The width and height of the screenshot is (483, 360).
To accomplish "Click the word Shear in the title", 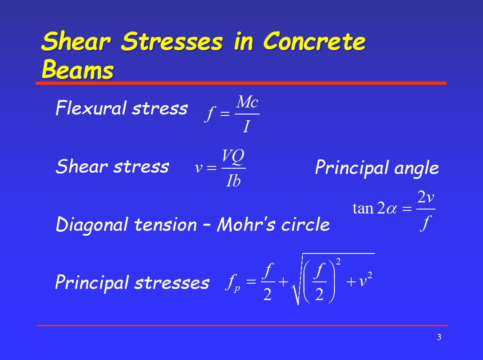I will pos(75,42).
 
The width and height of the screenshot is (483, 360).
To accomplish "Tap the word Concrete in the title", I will pos(314,42).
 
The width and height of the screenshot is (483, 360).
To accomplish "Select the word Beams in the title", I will pos(78,70).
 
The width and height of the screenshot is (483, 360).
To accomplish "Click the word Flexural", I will pos(91,108).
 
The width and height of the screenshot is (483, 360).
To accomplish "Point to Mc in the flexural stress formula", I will pos(247,103).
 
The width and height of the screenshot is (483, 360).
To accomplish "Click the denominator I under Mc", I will pos(246,127).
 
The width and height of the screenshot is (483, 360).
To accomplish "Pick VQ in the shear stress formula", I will pos(233,157).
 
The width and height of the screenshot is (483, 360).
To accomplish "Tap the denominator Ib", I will pos(233,181).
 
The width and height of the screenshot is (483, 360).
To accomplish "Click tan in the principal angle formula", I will pos(362,208).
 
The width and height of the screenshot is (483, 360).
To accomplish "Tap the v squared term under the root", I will pos(365,281).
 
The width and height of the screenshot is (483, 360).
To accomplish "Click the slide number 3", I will pos(439,337).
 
